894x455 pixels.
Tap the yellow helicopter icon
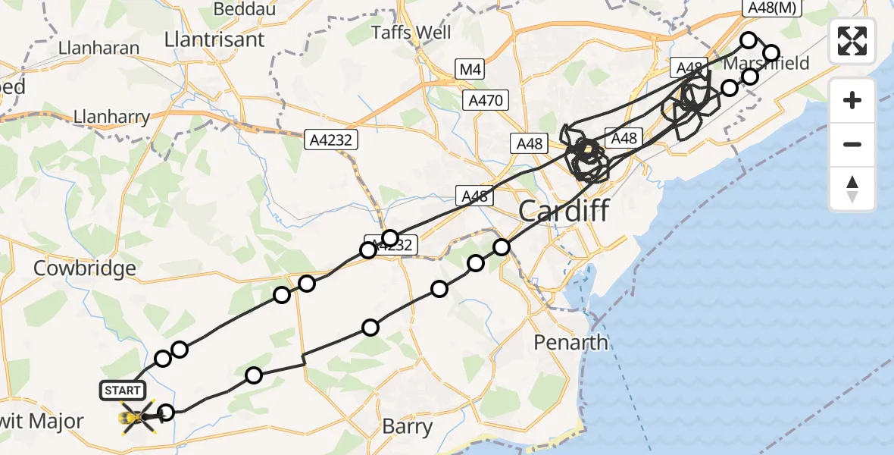pos(137,416)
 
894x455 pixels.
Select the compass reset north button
pos(852,188)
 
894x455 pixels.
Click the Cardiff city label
pos(563,211)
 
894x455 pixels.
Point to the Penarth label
pos(570,343)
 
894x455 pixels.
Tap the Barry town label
pos(407,426)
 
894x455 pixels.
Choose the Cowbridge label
pos(85,268)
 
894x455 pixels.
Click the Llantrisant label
pos(214,39)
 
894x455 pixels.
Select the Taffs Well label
pos(411,33)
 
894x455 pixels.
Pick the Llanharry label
pos(111,118)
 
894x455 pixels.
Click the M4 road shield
pos(470,70)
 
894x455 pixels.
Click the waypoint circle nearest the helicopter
pos(167,413)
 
